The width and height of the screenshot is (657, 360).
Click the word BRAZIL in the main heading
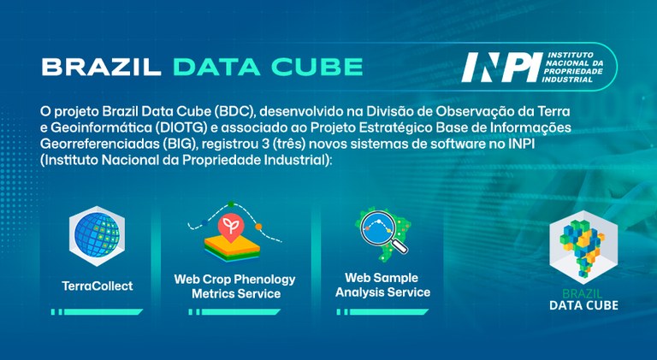click(101, 67)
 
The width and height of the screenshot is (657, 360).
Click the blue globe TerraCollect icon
click(97, 236)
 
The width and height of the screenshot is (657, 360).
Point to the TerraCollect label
click(98, 286)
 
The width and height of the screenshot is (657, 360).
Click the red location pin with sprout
click(230, 227)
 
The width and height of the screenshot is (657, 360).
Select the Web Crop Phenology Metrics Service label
click(235, 286)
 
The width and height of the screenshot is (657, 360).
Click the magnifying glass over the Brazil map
click(383, 232)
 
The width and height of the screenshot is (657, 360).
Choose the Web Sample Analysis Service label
click(382, 285)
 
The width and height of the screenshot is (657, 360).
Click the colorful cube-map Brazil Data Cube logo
click(583, 247)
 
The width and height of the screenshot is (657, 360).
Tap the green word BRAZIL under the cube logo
click(583, 293)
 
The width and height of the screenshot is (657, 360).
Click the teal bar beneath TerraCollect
click(97, 312)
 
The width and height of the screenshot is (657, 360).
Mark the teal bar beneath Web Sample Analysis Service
click(382, 312)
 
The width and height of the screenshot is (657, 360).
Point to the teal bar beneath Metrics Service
click(234, 312)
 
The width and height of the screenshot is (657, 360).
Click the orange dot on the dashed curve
click(258, 227)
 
